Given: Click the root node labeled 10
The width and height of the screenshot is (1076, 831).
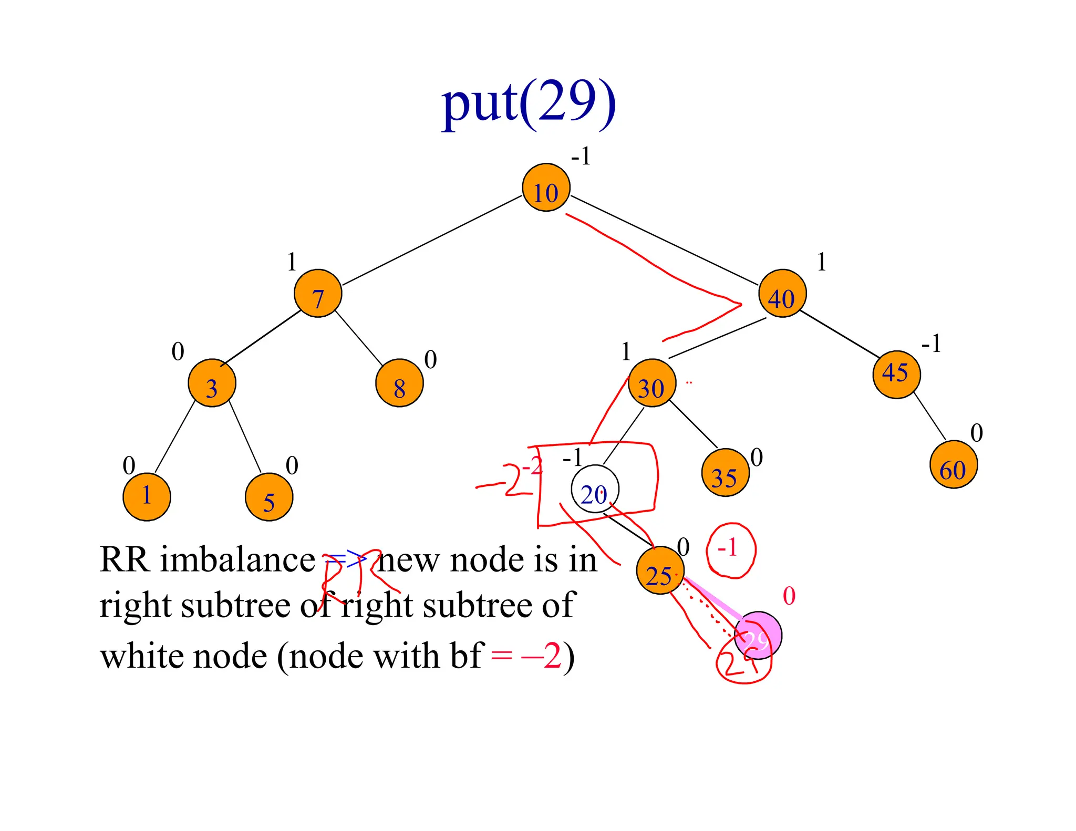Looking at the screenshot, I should pyautogui.click(x=546, y=188).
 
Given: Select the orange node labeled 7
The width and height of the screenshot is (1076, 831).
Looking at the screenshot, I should pyautogui.click(x=318, y=294).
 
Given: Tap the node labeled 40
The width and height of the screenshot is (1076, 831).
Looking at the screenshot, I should pyautogui.click(x=782, y=294).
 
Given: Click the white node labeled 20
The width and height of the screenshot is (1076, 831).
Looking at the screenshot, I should pyautogui.click(x=595, y=489).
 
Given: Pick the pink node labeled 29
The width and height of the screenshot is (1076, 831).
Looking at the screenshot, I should pyautogui.click(x=758, y=635).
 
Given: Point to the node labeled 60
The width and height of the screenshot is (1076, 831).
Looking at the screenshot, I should pyautogui.click(x=953, y=465).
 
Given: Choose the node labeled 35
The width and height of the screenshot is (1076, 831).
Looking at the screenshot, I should pyautogui.click(x=725, y=473).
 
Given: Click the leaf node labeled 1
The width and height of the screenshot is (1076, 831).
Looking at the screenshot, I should pyautogui.click(x=147, y=497).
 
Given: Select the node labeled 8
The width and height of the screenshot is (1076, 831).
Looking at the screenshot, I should pyautogui.click(x=399, y=383).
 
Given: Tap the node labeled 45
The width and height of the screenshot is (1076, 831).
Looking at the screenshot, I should pyautogui.click(x=896, y=375).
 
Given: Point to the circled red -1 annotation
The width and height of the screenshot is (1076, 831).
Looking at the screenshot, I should pyautogui.click(x=730, y=550).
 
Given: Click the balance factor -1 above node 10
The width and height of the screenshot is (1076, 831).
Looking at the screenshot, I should pyautogui.click(x=581, y=157).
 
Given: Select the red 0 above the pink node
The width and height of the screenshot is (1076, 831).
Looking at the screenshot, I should pyautogui.click(x=789, y=596).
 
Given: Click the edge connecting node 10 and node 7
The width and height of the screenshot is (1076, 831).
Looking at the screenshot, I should pyautogui.click(x=432, y=241).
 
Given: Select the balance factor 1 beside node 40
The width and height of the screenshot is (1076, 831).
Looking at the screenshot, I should pyautogui.click(x=821, y=262).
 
